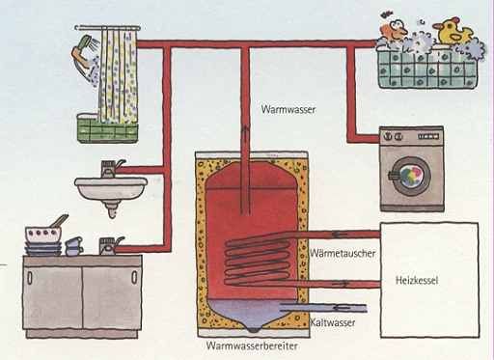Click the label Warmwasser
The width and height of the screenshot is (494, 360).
(x=288, y=110)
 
